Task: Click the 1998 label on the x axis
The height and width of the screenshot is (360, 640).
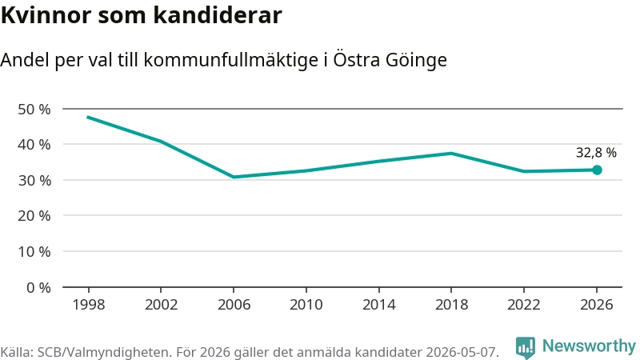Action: tap(89, 305)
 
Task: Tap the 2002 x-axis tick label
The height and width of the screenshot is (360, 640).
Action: tap(162, 305)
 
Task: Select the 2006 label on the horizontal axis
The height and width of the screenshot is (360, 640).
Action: tap(234, 305)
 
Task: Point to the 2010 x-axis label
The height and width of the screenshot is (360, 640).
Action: tap(306, 305)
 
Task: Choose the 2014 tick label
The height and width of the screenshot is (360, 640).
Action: tap(378, 305)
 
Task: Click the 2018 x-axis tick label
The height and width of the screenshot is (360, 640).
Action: tap(451, 305)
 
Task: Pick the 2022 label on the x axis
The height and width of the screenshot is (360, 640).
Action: tap(524, 305)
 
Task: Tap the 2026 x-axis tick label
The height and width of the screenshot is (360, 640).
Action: tap(596, 305)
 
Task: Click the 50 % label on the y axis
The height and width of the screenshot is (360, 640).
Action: tap(34, 110)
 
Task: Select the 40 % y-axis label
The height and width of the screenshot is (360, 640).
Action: tap(34, 145)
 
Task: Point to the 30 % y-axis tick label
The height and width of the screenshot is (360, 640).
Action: tap(34, 181)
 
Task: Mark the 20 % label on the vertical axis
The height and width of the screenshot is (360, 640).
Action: tap(34, 215)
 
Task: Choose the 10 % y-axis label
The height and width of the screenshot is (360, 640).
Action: tap(34, 251)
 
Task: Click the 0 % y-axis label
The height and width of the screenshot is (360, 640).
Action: tap(38, 288)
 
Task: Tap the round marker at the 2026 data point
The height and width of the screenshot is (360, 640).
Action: tap(597, 170)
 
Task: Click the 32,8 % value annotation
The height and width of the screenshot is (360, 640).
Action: tap(596, 153)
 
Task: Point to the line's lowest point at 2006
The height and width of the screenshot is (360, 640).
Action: tap(234, 177)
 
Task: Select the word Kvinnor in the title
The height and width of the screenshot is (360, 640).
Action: tap(46, 15)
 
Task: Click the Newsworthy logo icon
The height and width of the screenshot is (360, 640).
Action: tap(526, 348)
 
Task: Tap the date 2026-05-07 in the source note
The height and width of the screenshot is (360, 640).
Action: tap(462, 352)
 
